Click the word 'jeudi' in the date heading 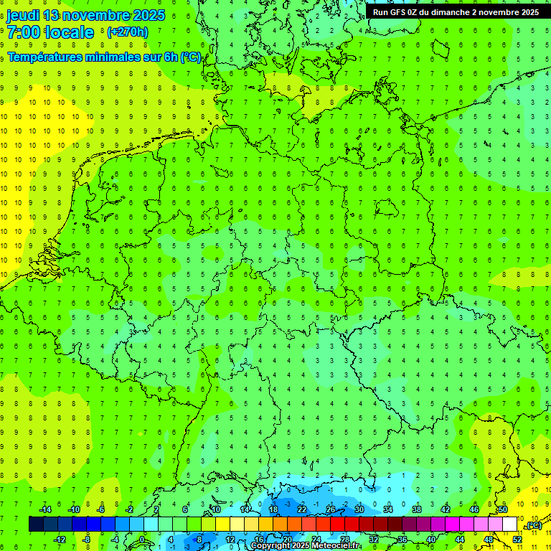pyautogui.click(x=23, y=15)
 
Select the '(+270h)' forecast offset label pyautogui.click(x=127, y=32)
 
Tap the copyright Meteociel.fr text pyautogui.click(x=305, y=546)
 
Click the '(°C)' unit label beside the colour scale pyautogui.click(x=534, y=526)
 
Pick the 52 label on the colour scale pyautogui.click(x=517, y=540)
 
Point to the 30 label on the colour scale pyautogui.click(x=359, y=509)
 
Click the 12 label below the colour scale pyautogui.click(x=230, y=540)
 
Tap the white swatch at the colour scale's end pyautogui.click(x=509, y=524)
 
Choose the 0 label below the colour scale pyautogui.click(x=141, y=540)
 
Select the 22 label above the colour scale pyautogui.click(x=302, y=509)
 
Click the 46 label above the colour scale pyautogui.click(x=474, y=509)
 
